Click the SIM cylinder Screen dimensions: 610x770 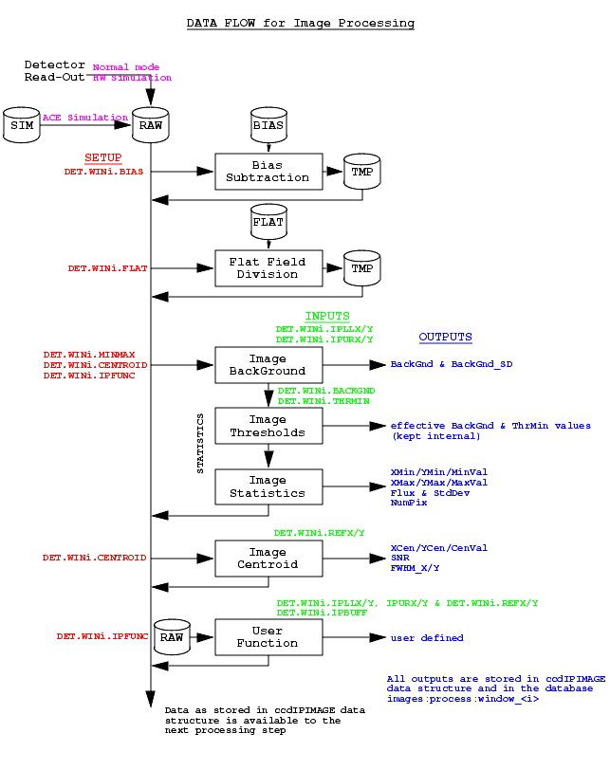pyautogui.click(x=22, y=125)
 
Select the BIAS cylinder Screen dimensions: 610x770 pyautogui.click(x=268, y=125)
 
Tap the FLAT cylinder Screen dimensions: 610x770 pyautogui.click(x=268, y=222)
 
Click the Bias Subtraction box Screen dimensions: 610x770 pyautogui.click(x=268, y=172)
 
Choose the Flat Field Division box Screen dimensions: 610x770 pyautogui.click(x=268, y=268)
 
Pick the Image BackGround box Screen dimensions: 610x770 pyautogui.click(x=268, y=365)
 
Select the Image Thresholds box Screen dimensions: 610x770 pyautogui.click(x=268, y=426)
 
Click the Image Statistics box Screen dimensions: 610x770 pyautogui.click(x=268, y=486)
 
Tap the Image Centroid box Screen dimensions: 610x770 pyautogui.click(x=268, y=559)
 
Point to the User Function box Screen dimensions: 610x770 pyautogui.click(x=268, y=637)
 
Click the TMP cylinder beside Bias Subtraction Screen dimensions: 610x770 pyautogui.click(x=362, y=172)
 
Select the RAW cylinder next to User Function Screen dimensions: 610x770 pyautogui.click(x=172, y=637)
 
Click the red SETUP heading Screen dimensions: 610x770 pyautogui.click(x=103, y=157)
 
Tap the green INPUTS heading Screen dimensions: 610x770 pyautogui.click(x=327, y=316)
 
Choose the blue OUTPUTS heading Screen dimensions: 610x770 pyautogui.click(x=446, y=337)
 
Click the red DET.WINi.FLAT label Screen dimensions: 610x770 pyautogui.click(x=107, y=268)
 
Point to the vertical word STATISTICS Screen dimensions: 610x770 pyautogui.click(x=200, y=444)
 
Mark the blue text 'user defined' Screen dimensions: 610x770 pyautogui.click(x=427, y=637)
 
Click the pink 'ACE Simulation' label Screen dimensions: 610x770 pyautogui.click(x=85, y=118)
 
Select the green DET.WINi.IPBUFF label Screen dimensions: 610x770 pyautogui.click(x=322, y=613)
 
